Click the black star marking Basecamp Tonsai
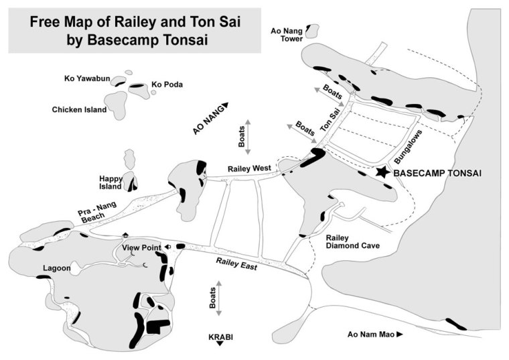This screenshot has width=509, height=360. tap(382, 172)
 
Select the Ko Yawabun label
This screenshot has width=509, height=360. tap(86, 78)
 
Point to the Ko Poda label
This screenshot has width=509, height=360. tap(167, 84)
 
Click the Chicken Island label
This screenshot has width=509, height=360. tap(79, 109)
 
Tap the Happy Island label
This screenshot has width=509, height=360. tap(110, 182)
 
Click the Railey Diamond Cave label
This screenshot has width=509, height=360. tap(352, 242)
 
